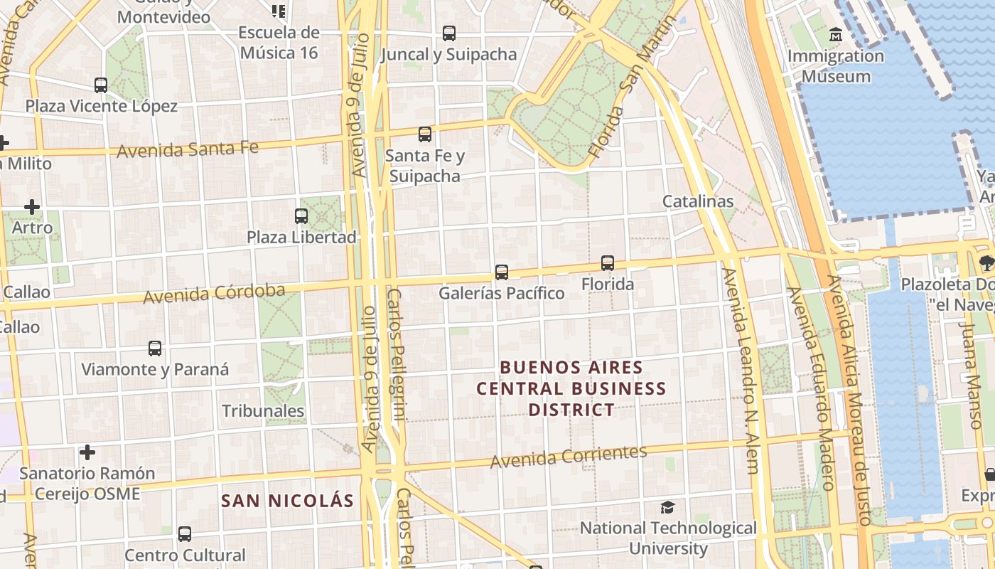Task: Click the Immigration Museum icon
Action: [x=835, y=33]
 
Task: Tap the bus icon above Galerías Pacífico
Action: [x=502, y=272]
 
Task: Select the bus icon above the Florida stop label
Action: [x=608, y=263]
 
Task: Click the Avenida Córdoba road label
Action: [x=214, y=293]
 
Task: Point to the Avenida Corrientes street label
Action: [x=569, y=457]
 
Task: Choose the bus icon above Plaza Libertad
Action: [x=301, y=216]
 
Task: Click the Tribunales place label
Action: [x=263, y=411]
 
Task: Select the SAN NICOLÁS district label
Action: [x=287, y=501]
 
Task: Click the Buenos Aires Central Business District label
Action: [x=571, y=388]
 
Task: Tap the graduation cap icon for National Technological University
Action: [x=667, y=507]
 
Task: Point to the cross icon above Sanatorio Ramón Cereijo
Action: [x=87, y=452]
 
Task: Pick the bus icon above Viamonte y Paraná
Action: [x=155, y=349]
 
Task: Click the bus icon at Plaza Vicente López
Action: [x=101, y=85]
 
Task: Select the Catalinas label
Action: [x=698, y=201]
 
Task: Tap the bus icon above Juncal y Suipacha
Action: [x=449, y=33]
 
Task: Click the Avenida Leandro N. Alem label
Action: [x=742, y=370]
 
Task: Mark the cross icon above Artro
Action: [x=32, y=207]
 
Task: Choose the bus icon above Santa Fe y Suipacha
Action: [x=425, y=134]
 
